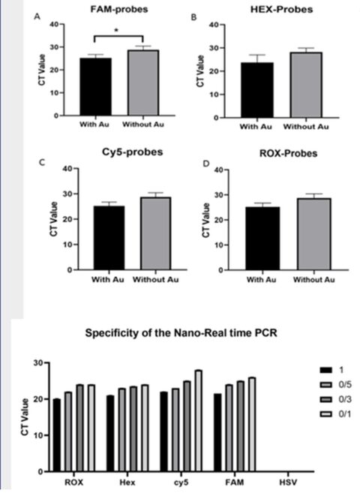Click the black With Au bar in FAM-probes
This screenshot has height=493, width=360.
[95, 87]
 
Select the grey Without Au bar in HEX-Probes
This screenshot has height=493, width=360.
[306, 85]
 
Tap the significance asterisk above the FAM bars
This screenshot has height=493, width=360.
[116, 31]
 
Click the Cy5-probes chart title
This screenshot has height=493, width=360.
[133, 152]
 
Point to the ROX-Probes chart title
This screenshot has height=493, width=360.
[289, 153]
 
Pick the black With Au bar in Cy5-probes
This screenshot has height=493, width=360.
[109, 238]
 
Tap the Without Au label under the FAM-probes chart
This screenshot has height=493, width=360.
[143, 125]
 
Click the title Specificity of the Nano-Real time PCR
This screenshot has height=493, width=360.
[181, 332]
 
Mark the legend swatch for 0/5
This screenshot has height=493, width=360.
[325, 385]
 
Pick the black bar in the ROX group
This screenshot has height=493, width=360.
[57, 435]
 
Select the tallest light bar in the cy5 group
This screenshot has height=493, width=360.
[198, 421]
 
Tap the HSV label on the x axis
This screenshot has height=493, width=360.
[288, 482]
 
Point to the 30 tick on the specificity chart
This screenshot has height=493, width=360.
[37, 363]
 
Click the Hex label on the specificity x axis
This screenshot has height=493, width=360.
[127, 482]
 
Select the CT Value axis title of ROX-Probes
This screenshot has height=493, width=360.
[206, 220]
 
